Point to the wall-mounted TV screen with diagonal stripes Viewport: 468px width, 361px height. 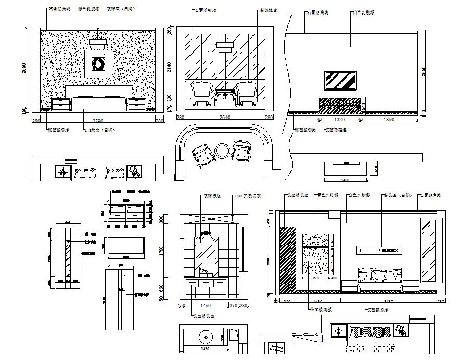pyautogui.click(x=339, y=81)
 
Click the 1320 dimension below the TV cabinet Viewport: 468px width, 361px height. pyautogui.click(x=339, y=119)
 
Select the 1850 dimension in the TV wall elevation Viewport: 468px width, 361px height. pyautogui.click(x=387, y=119)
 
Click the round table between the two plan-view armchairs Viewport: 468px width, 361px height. pyautogui.click(x=223, y=151)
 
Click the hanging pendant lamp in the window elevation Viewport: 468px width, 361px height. pyautogui.click(x=224, y=48)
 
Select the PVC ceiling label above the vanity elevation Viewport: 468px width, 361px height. pyautogui.click(x=248, y=196)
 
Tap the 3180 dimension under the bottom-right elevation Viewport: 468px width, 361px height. pyautogui.click(x=388, y=301)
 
